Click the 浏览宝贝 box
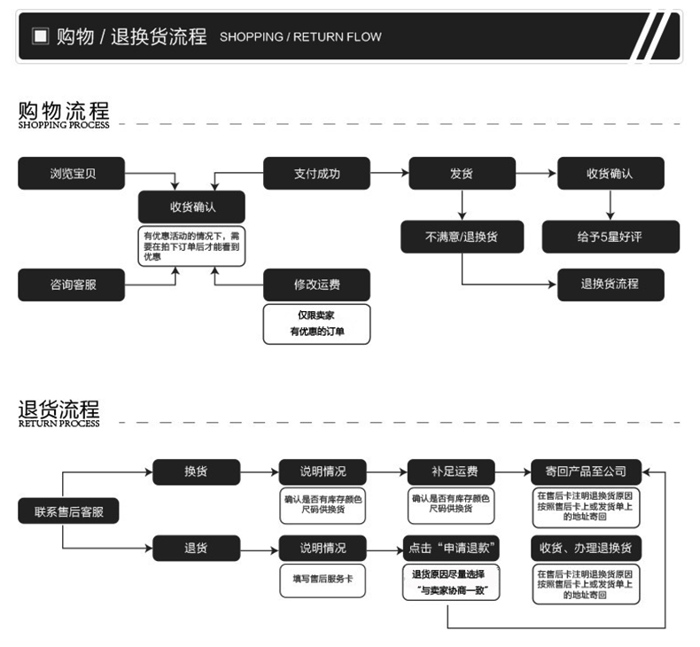tap(72, 173)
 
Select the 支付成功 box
tap(316, 173)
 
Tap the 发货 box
tap(462, 173)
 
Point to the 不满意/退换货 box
tap(462, 237)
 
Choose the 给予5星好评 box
tap(611, 237)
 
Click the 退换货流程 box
tap(611, 285)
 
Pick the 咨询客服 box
tap(72, 285)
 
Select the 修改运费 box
tap(316, 285)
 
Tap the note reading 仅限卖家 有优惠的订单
tap(316, 323)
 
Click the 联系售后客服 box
tap(68, 511)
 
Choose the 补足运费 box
tap(449, 472)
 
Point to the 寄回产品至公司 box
tap(586, 472)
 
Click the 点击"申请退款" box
tap(449, 548)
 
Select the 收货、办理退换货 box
tap(586, 548)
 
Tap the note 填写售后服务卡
tap(323, 579)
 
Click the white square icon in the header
tap(40, 36)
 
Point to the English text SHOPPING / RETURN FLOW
tap(300, 37)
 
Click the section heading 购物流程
tap(64, 111)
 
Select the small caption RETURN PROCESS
tap(58, 424)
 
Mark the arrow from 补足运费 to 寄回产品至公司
tap(512, 472)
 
